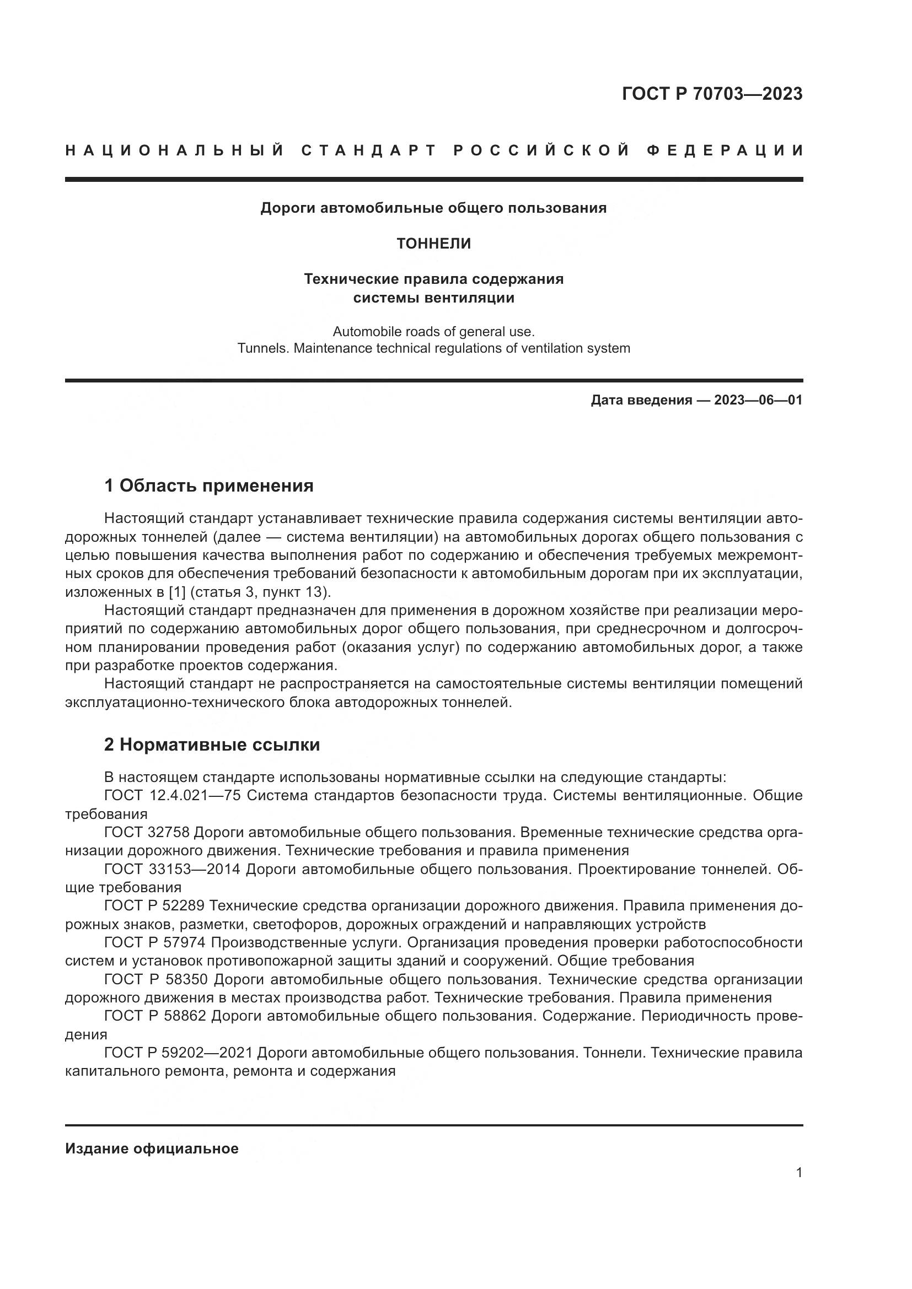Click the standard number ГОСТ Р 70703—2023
point(712,94)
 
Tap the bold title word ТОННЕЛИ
point(433,244)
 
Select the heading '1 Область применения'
point(209,486)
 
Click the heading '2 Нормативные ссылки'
point(212,745)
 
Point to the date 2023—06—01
point(758,400)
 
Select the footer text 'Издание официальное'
point(152,1144)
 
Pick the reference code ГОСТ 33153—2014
point(173,870)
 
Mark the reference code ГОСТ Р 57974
point(154,942)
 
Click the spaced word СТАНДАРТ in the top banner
point(368,150)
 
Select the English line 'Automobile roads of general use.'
point(433,332)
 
